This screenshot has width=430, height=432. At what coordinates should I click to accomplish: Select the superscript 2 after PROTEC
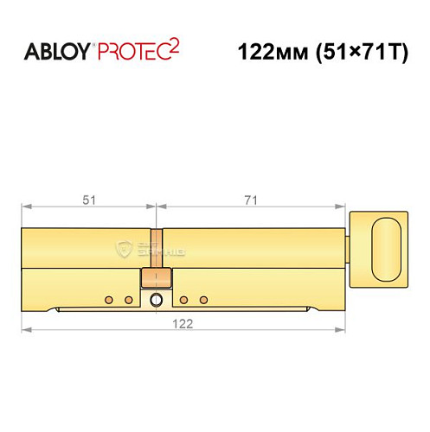click(174, 46)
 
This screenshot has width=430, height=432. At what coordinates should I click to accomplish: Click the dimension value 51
click(88, 200)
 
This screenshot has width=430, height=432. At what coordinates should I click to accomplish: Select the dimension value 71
click(251, 200)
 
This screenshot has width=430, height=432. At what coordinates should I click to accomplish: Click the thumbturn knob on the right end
click(386, 247)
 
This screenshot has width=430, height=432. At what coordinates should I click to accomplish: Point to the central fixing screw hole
click(156, 301)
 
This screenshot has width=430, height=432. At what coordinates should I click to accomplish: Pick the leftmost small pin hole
click(109, 300)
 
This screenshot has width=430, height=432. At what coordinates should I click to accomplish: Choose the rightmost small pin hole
click(203, 300)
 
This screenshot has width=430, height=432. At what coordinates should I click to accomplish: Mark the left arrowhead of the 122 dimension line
click(24, 329)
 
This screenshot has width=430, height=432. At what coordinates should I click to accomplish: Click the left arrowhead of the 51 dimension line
click(24, 207)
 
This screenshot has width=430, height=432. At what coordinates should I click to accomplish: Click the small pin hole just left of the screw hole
click(128, 300)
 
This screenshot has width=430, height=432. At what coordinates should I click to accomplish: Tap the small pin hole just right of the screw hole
click(184, 300)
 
